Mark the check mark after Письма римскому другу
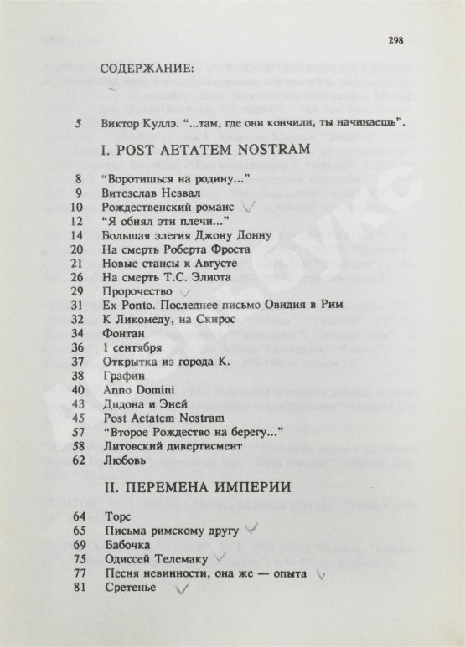point(247,529)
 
